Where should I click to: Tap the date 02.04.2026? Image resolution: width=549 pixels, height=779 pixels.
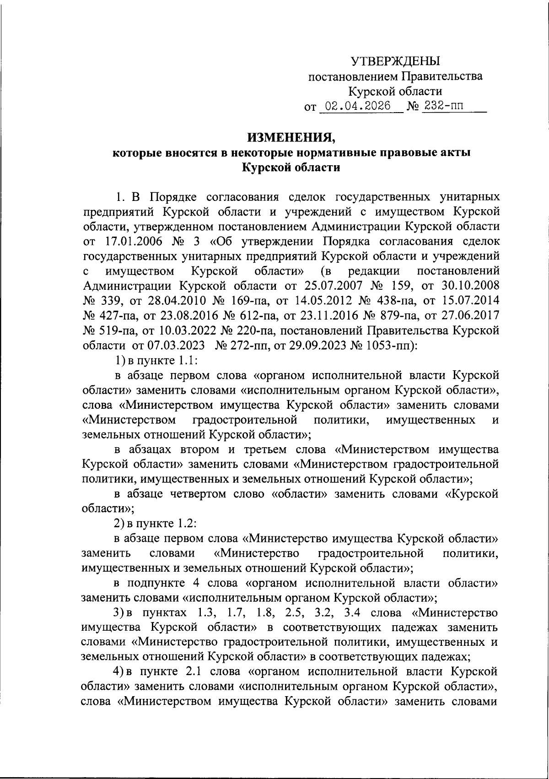(x=355, y=107)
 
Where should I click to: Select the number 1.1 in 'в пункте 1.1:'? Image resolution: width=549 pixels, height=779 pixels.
(x=187, y=360)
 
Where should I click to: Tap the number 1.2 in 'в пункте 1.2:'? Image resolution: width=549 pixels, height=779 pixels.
(x=187, y=523)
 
